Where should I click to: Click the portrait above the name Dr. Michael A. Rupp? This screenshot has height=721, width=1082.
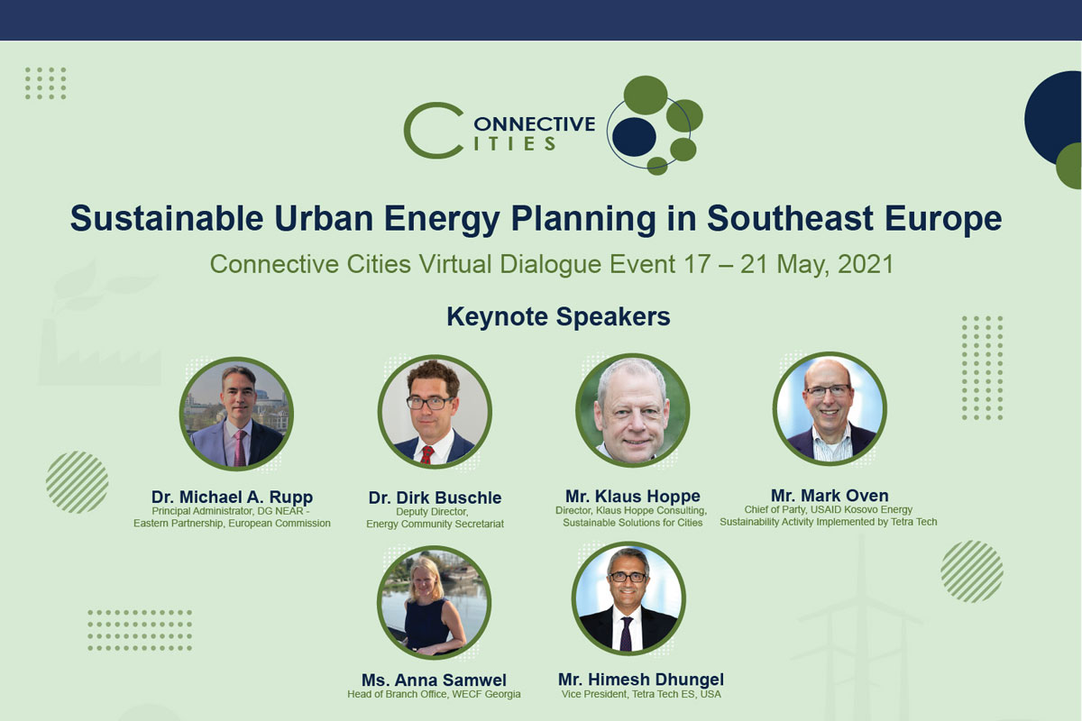tap(236, 414)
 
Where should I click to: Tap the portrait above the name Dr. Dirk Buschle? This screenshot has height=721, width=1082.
tap(435, 412)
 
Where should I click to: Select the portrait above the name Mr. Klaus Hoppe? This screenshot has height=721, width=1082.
tap(632, 410)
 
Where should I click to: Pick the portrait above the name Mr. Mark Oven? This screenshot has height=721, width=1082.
tap(830, 408)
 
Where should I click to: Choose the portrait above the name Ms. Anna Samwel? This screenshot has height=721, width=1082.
tap(434, 602)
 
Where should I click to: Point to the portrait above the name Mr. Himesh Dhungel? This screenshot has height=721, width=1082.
tap(628, 598)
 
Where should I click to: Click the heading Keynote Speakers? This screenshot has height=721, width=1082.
tap(558, 317)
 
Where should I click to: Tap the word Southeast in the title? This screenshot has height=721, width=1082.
tap(790, 218)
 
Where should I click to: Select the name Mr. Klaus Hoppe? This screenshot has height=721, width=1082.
tap(633, 496)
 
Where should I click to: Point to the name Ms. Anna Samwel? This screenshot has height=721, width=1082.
tap(434, 680)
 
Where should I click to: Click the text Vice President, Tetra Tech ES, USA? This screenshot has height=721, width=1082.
tap(641, 695)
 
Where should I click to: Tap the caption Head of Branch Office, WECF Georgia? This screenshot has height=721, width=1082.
tap(434, 695)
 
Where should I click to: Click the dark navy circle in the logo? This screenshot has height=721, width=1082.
tap(634, 137)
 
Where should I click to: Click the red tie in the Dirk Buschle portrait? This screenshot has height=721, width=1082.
tap(427, 455)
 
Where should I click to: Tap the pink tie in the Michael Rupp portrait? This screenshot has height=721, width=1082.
tap(240, 449)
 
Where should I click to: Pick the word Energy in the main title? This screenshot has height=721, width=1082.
tap(442, 220)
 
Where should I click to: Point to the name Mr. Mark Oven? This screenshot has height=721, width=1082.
tap(830, 496)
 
